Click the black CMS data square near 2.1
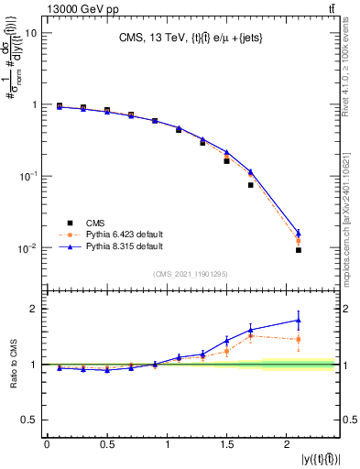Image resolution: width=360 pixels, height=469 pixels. (299, 250)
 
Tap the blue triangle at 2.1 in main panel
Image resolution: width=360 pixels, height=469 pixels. (299, 233)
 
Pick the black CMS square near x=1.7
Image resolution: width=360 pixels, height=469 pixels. (250, 185)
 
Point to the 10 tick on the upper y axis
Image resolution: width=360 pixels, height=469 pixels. (31, 33)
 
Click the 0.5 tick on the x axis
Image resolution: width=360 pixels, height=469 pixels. (107, 444)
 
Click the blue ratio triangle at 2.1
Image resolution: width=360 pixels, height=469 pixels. (299, 320)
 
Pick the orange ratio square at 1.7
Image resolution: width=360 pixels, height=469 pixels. (250, 336)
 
